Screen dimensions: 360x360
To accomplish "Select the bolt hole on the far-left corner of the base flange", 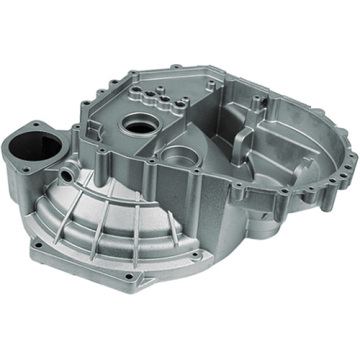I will [38, 241].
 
